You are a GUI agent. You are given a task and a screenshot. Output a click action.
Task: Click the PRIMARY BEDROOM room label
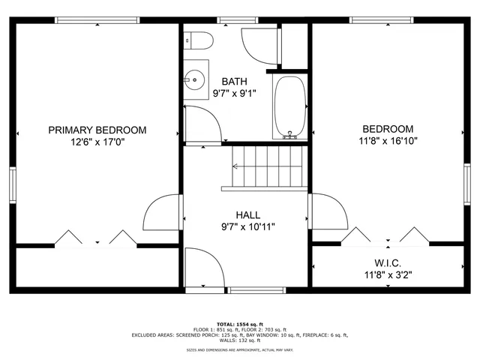97,130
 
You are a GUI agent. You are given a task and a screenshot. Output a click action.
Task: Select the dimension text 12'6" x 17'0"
97,142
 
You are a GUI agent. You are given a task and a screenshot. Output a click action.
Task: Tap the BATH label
233,82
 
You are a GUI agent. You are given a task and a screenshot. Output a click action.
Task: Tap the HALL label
247,214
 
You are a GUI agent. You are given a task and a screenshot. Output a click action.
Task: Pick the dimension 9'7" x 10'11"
247,227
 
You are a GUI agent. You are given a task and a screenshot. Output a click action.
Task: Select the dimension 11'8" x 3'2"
388,275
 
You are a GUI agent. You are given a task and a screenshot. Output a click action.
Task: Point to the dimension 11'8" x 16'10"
388,140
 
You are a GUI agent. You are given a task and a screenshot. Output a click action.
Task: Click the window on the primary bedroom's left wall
13,184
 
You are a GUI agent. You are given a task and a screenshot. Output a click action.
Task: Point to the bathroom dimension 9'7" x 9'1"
233,94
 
